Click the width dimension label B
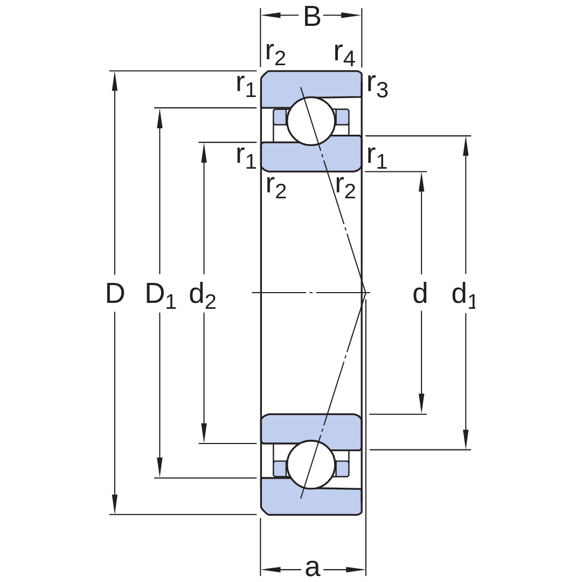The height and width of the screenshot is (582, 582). (312, 17)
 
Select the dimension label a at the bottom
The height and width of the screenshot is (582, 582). (313, 568)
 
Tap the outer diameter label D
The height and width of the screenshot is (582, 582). (115, 293)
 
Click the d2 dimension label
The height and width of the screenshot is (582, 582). (202, 295)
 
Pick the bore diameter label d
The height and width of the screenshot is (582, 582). (420, 293)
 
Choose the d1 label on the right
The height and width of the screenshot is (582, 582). (463, 295)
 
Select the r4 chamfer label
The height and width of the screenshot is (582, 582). (344, 54)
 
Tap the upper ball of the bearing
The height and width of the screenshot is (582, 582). (311, 121)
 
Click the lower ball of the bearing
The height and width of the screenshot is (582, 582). (311, 465)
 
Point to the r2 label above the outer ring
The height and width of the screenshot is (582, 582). (276, 54)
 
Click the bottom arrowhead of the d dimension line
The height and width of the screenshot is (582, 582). (421, 404)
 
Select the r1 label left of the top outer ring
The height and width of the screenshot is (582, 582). (246, 85)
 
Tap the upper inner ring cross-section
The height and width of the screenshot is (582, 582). (311, 154)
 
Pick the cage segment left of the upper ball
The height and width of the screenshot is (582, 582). (280, 117)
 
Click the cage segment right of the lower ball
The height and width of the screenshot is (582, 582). (342, 468)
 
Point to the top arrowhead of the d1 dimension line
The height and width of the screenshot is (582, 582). (466, 146)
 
